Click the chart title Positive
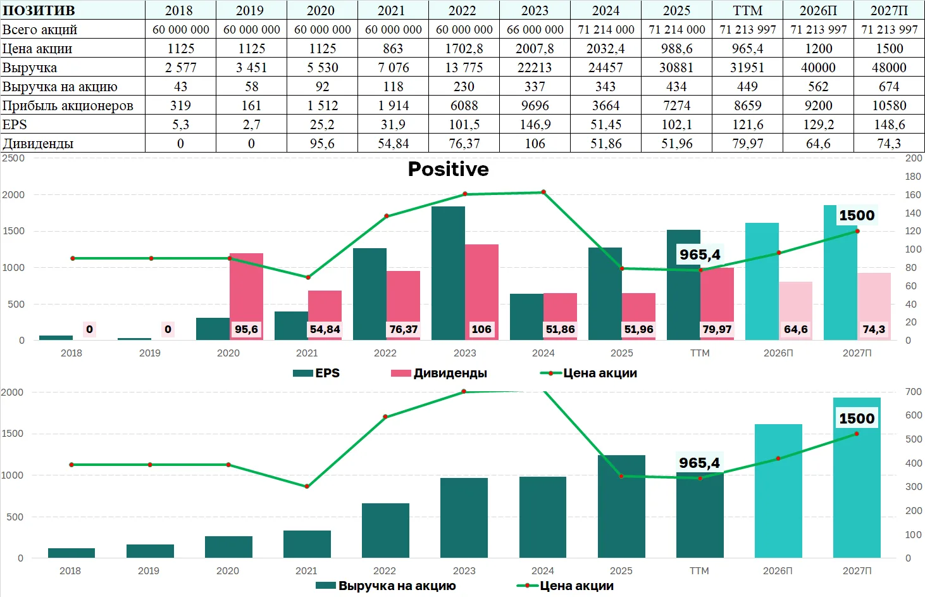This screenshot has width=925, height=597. coord(448,169)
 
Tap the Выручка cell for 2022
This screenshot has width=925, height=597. coord(464,67)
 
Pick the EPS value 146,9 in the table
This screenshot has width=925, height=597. coord(535,124)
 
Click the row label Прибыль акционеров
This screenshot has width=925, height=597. coord(68,106)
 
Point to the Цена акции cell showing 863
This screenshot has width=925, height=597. coord(393,48)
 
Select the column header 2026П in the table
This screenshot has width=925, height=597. coord(818,10)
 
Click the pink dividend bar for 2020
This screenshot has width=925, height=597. coord(247,297)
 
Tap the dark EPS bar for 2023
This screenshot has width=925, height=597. coord(448,273)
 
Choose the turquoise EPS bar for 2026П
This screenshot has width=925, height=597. coord(762,281)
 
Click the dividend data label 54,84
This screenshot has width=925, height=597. coord(325,329)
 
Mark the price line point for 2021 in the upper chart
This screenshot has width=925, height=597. coord(308,277)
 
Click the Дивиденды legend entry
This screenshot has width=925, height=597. coord(439,373)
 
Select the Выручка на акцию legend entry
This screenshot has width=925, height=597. coord(386,586)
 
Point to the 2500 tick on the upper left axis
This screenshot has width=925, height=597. coord(13,158)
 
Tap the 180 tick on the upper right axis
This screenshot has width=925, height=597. coord(913,177)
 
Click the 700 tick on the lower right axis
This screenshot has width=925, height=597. coord(913,392)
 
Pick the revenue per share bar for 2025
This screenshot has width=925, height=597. coord(621,506)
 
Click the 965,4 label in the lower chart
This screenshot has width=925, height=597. coord(699,463)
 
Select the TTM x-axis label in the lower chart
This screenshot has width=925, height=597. coord(699,570)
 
